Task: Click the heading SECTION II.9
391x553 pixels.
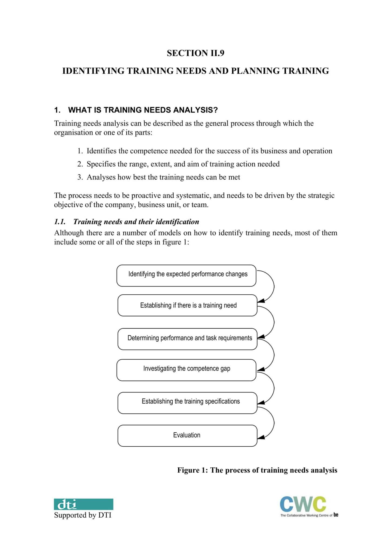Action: [x=195, y=53]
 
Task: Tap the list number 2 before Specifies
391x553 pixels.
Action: [x=79, y=164]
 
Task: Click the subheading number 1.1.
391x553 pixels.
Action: [x=60, y=222]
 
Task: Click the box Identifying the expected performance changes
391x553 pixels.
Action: [x=186, y=275]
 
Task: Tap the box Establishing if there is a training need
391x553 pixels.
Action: [x=187, y=305]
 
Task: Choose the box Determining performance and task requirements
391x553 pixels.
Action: [x=187, y=339]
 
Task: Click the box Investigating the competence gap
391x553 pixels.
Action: [x=186, y=370]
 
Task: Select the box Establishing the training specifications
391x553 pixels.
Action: [x=187, y=403]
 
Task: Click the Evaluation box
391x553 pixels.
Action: [x=187, y=436]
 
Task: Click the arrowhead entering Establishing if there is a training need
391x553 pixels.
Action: [x=261, y=301]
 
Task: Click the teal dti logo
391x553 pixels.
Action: [x=83, y=504]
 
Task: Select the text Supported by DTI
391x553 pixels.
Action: [x=83, y=515]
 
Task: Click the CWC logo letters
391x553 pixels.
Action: [x=303, y=504]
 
